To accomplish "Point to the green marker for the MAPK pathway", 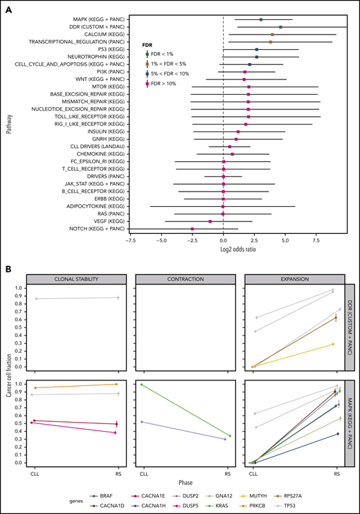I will click(x=261, y=19).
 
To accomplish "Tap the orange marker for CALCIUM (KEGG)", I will click(x=272, y=34).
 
